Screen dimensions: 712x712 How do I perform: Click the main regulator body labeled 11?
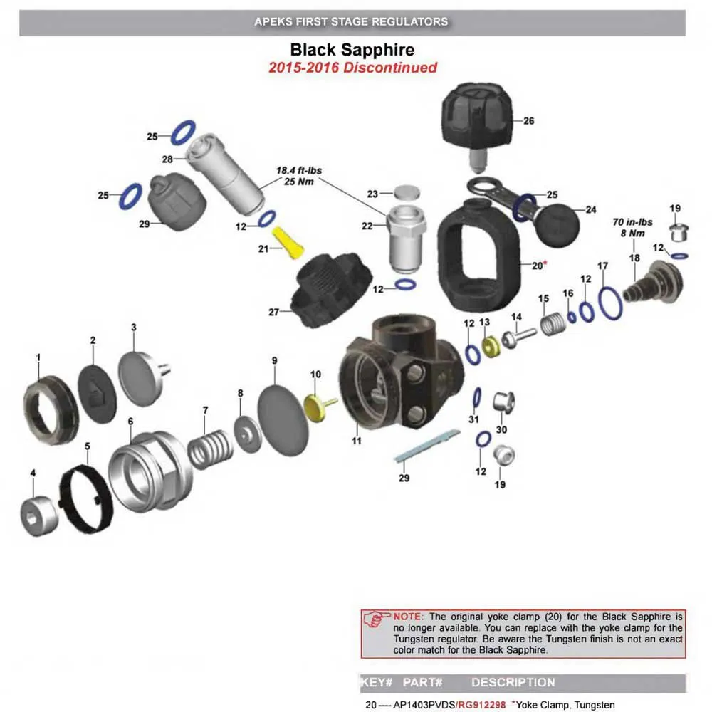399,377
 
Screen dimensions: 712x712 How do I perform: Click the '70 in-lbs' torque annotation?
633,222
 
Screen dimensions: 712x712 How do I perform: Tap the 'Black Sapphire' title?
352,51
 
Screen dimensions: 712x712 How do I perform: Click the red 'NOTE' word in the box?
408,616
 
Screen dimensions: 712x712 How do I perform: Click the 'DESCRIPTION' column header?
513,682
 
